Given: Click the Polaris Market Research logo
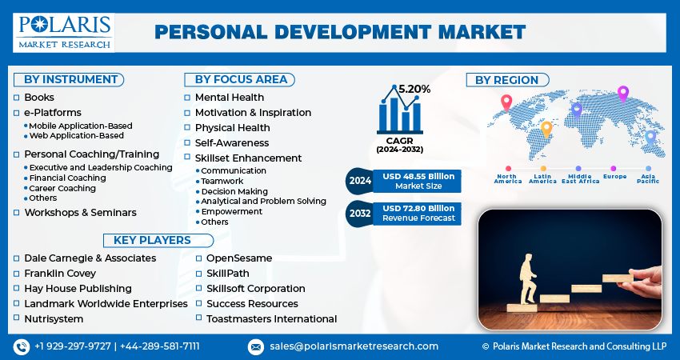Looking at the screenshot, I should point(64,32).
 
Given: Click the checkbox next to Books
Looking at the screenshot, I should point(16,98).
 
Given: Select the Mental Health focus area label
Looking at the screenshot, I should point(230,98).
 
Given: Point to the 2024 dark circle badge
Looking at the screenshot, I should point(360,181).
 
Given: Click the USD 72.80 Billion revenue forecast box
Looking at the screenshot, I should point(418,213).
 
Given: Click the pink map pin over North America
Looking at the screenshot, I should point(506,103).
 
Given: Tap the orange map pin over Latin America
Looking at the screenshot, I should point(546,128).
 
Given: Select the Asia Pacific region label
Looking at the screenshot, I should point(648,178).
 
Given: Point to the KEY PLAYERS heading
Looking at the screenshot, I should point(152,240).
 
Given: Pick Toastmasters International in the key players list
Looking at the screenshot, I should point(271,318).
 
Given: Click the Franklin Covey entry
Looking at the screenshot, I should point(60,274).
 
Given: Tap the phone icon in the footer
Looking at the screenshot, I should point(22,346).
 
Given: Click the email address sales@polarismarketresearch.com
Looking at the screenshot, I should point(354,346).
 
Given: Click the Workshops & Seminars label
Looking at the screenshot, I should point(80,213).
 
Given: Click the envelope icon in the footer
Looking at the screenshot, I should point(256,346).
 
